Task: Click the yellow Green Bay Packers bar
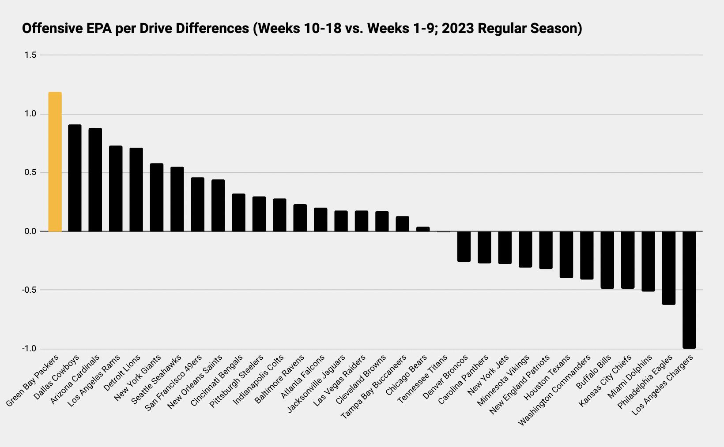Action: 55,162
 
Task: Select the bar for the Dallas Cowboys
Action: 75,178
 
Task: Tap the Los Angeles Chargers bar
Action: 689,290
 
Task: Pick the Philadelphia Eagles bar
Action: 669,268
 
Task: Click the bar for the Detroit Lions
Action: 136,190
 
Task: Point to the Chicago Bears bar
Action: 423,229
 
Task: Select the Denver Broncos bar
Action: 464,246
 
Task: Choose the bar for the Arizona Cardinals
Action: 95,180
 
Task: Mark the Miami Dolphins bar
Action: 648,261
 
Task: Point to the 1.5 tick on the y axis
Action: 30,55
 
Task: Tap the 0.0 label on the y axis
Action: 30,231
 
